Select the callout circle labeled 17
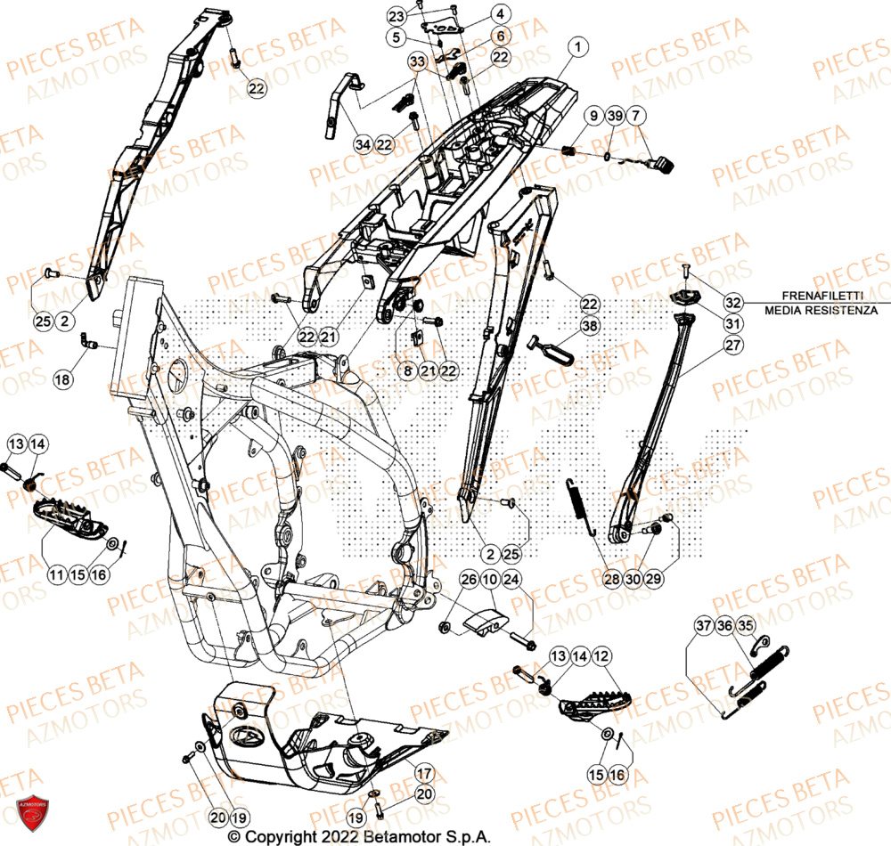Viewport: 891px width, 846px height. click(x=424, y=773)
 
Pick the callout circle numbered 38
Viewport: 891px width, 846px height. click(x=589, y=328)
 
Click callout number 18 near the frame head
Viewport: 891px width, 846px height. click(x=61, y=380)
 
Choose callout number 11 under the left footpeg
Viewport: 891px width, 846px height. click(x=57, y=575)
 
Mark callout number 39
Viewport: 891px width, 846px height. click(x=613, y=118)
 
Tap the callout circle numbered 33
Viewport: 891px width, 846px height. click(x=417, y=61)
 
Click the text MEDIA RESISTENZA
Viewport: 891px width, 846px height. click(x=820, y=310)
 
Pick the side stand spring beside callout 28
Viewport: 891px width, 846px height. click(x=580, y=506)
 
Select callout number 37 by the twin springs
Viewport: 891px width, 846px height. click(x=704, y=626)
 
